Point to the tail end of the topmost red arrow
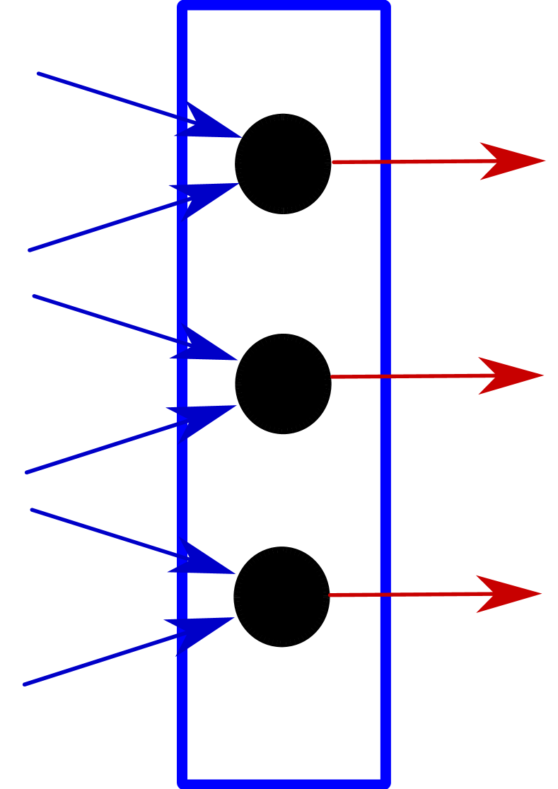[334, 163]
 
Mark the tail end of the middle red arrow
[332, 377]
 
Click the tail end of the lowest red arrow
[330, 595]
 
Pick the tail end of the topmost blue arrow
[38, 73]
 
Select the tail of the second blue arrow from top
[30, 250]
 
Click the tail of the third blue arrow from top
[34, 296]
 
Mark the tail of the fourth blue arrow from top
[27, 472]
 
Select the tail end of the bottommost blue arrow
[25, 684]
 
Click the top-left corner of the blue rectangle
[182, 6]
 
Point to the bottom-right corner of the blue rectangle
[385, 783]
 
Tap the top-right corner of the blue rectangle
[385, 6]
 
